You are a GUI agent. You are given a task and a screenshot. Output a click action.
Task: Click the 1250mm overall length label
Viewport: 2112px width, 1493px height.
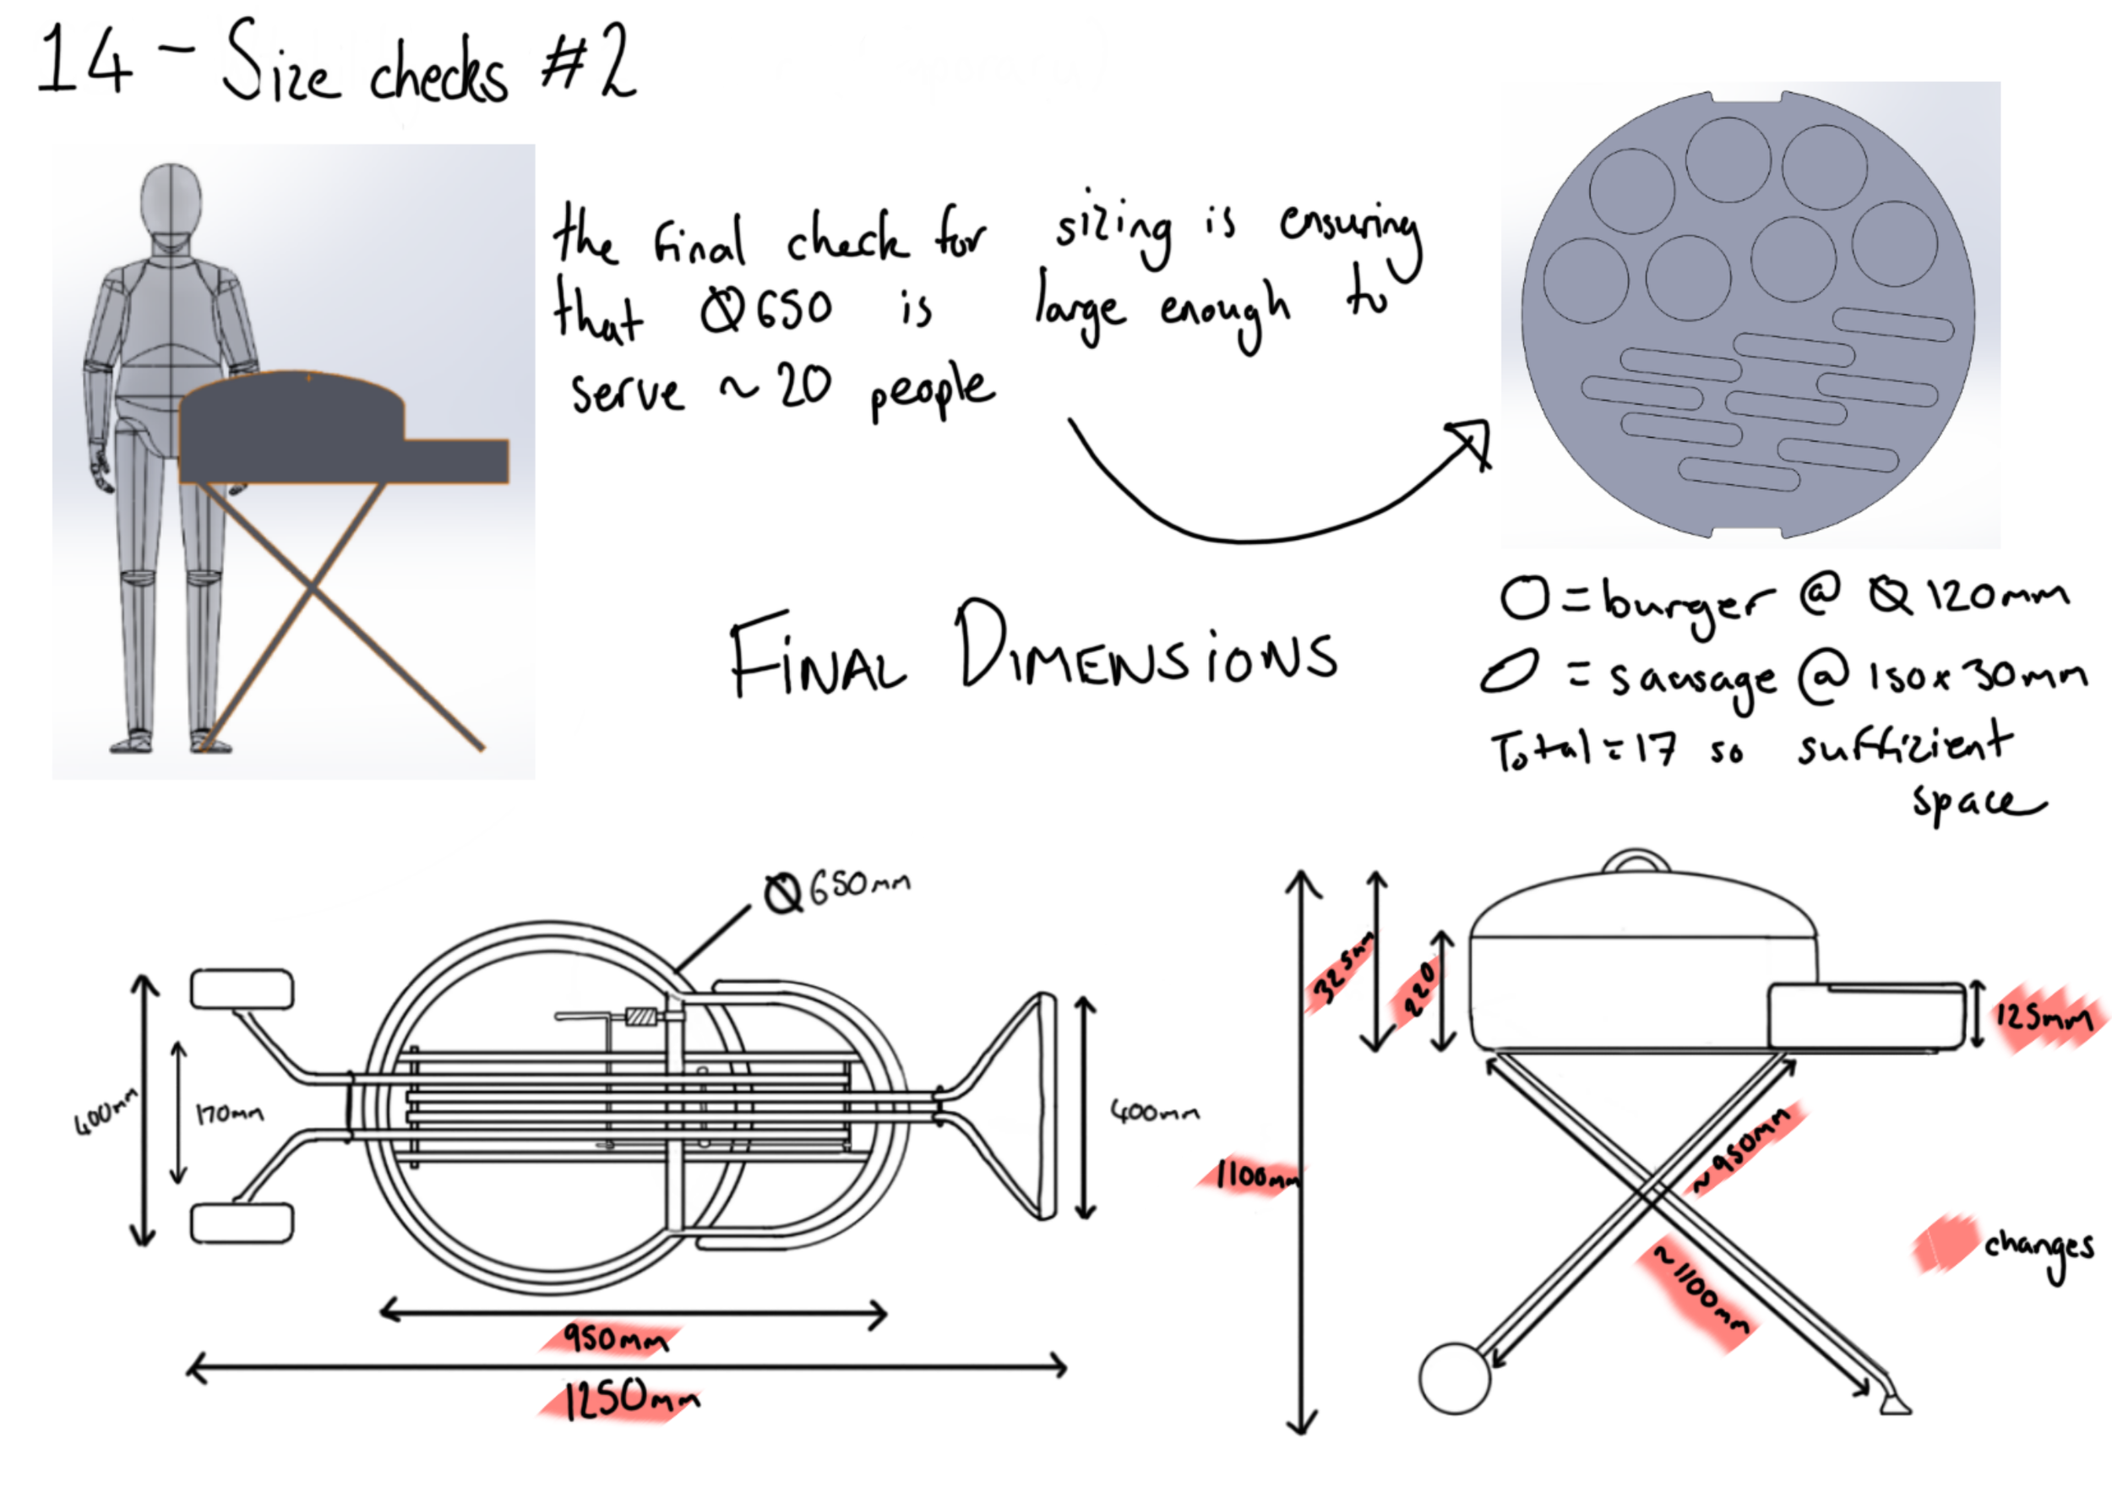[x=629, y=1401]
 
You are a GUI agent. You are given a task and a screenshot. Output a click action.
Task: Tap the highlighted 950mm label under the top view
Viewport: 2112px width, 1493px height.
[x=614, y=1338]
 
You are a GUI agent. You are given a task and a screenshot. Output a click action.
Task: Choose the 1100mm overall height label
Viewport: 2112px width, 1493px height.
[x=1256, y=1174]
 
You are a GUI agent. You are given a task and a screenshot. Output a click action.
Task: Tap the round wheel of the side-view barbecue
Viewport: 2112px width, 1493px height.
[x=1454, y=1378]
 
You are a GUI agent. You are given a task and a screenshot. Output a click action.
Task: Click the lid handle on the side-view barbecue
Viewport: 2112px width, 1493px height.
[x=1636, y=861]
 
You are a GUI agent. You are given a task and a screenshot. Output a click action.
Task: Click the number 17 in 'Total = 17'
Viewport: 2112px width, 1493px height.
[x=1655, y=749]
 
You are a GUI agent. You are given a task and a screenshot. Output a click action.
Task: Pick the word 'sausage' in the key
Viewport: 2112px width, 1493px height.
[x=1691, y=681]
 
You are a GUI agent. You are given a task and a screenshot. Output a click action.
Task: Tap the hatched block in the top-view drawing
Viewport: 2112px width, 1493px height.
[x=641, y=1016]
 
